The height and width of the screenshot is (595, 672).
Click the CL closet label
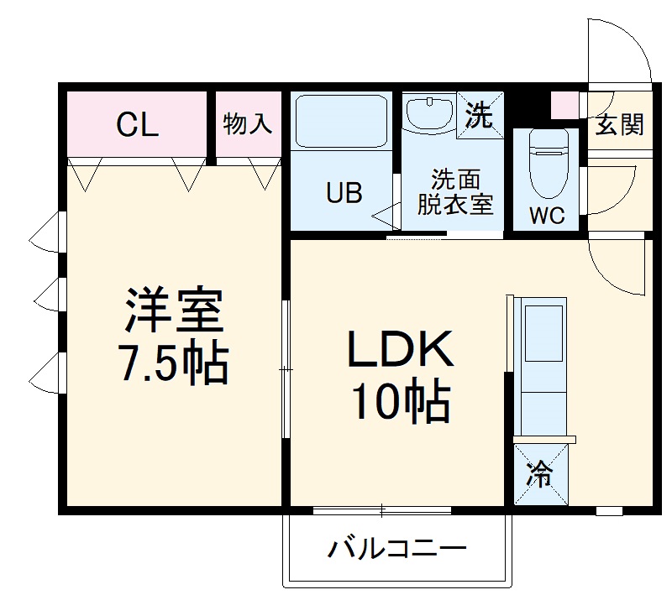(x=137, y=125)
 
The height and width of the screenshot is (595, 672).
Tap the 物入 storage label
(x=248, y=124)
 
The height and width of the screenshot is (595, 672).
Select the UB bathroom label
(x=344, y=193)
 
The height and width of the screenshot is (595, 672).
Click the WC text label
(x=547, y=215)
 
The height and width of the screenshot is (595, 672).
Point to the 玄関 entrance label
(x=620, y=125)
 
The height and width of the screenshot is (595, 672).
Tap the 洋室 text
(x=174, y=311)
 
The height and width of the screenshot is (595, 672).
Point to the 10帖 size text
(x=401, y=403)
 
